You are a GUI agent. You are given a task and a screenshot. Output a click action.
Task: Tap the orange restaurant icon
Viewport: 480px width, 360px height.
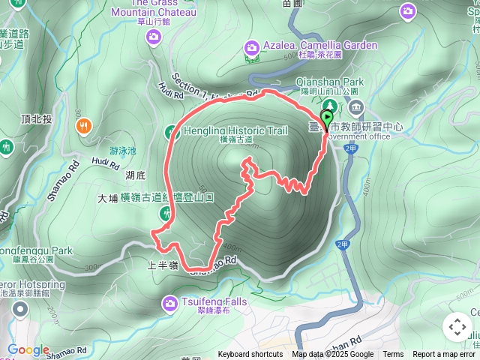[84, 126]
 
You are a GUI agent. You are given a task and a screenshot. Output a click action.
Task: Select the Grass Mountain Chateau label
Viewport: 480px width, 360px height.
[153, 12]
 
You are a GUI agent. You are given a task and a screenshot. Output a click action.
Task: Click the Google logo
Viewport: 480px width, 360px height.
[28, 350]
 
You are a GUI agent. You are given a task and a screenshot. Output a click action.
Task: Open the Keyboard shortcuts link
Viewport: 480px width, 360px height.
[250, 355]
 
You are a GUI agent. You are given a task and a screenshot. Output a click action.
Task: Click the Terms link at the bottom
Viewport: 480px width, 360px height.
[393, 355]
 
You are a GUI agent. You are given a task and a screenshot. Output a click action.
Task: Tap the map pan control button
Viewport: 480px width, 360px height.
[457, 327]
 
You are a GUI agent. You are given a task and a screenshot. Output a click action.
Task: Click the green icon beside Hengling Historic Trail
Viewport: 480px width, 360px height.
[171, 132]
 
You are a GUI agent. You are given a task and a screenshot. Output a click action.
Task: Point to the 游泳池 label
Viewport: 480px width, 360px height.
[123, 151]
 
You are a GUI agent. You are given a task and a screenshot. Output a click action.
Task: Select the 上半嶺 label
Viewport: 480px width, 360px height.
[162, 265]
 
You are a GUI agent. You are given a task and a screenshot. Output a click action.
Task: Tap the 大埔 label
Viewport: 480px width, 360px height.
[108, 199]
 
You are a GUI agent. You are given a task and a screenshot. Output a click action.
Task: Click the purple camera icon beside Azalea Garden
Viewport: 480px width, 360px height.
[251, 49]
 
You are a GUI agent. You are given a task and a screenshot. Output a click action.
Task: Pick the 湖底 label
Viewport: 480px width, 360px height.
[135, 175]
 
